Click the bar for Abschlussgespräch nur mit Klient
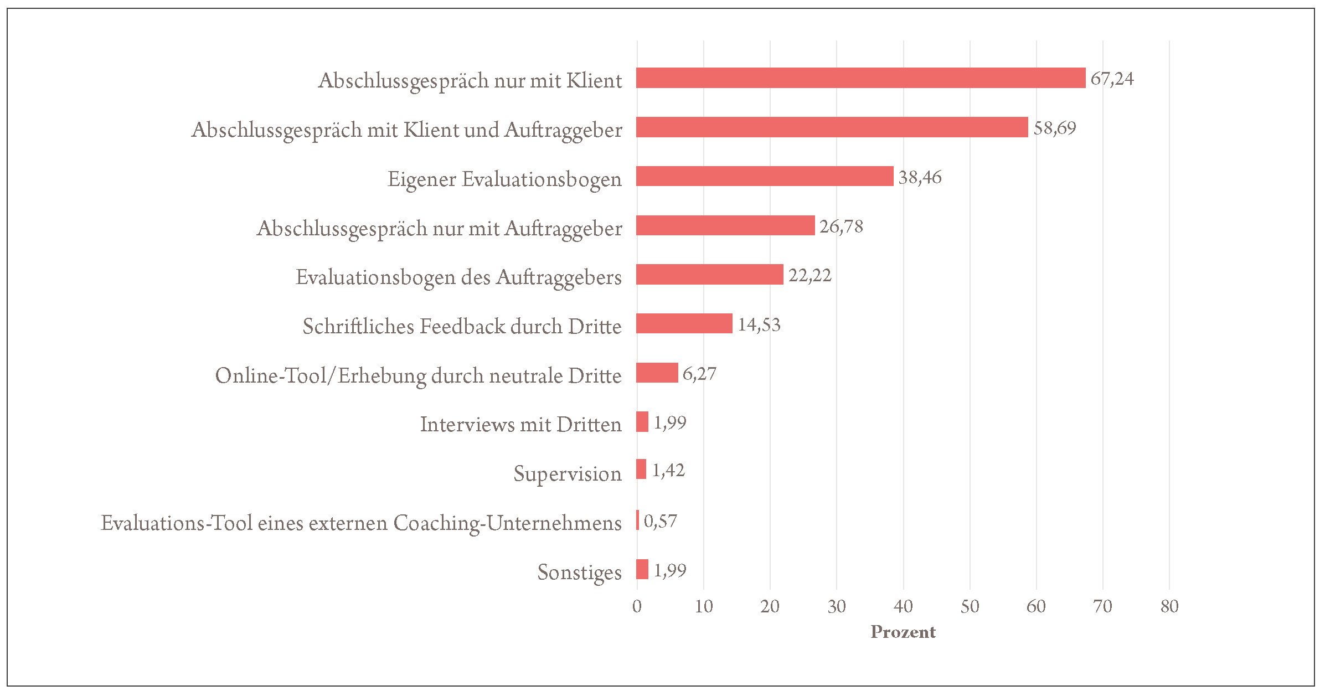860,78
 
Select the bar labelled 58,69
832,127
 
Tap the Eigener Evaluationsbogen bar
765,176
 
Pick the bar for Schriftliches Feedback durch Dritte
684,323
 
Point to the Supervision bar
641,469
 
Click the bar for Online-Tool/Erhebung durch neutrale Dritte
657,373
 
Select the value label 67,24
1112,79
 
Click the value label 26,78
841,226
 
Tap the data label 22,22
810,275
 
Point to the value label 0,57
660,521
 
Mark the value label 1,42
668,470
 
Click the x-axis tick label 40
903,606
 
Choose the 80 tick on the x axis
1169,606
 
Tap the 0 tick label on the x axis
637,606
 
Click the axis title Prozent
903,632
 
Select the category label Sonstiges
579,572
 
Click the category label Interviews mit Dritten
520,424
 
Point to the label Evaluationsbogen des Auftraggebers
458,277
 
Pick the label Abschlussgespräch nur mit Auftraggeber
439,228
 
